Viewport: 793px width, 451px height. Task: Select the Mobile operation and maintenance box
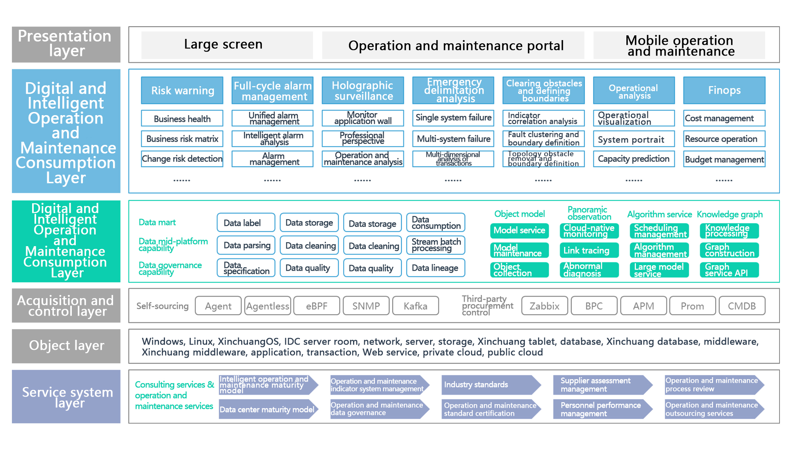[x=679, y=46]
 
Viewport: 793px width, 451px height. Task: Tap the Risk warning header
[x=182, y=91]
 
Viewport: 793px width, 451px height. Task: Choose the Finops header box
[x=724, y=91]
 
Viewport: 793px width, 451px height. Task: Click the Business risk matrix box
[x=182, y=139]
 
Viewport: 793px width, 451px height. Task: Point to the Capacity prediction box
[x=634, y=159]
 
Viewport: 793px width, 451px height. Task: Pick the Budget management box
[x=724, y=159]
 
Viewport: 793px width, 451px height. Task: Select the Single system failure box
[x=453, y=118]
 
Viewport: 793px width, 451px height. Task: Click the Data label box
[x=246, y=223]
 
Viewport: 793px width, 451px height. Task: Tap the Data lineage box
[x=436, y=268]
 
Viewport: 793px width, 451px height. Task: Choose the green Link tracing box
[x=589, y=251]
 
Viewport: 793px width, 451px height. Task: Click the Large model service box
[x=659, y=270]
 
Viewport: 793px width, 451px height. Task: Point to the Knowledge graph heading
[x=730, y=214]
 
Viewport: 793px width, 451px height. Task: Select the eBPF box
[x=317, y=306]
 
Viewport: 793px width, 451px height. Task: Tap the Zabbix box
[x=544, y=306]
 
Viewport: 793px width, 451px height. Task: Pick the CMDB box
[x=741, y=306]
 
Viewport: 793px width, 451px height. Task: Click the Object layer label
[x=66, y=346]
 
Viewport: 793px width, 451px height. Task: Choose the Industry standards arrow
[x=490, y=385]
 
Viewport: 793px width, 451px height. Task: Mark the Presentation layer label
[x=66, y=44]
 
